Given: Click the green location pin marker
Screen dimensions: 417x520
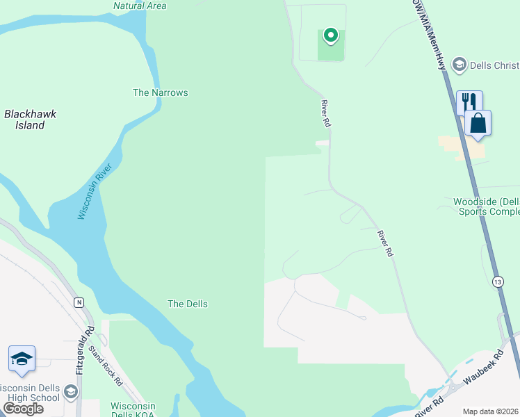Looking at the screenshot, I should coord(332,35).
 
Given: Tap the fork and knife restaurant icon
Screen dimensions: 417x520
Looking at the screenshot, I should coord(469,102).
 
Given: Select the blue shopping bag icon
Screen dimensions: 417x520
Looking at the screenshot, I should coord(478,123).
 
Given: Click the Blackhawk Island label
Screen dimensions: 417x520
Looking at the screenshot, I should coord(30,120).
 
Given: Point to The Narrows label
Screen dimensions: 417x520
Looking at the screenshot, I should coord(160,92).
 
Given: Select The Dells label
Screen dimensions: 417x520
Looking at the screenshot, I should coord(188,304).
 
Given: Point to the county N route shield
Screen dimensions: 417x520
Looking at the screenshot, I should coord(79,302).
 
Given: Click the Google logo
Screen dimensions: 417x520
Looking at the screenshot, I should coord(23,409).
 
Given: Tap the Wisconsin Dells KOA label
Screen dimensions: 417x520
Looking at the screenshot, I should coord(133,409).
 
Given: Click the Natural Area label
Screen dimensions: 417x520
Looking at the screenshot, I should coord(140,6).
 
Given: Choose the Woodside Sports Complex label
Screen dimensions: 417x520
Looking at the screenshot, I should coord(486,206).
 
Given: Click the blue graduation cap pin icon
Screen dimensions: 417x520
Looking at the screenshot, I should coord(22,359).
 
